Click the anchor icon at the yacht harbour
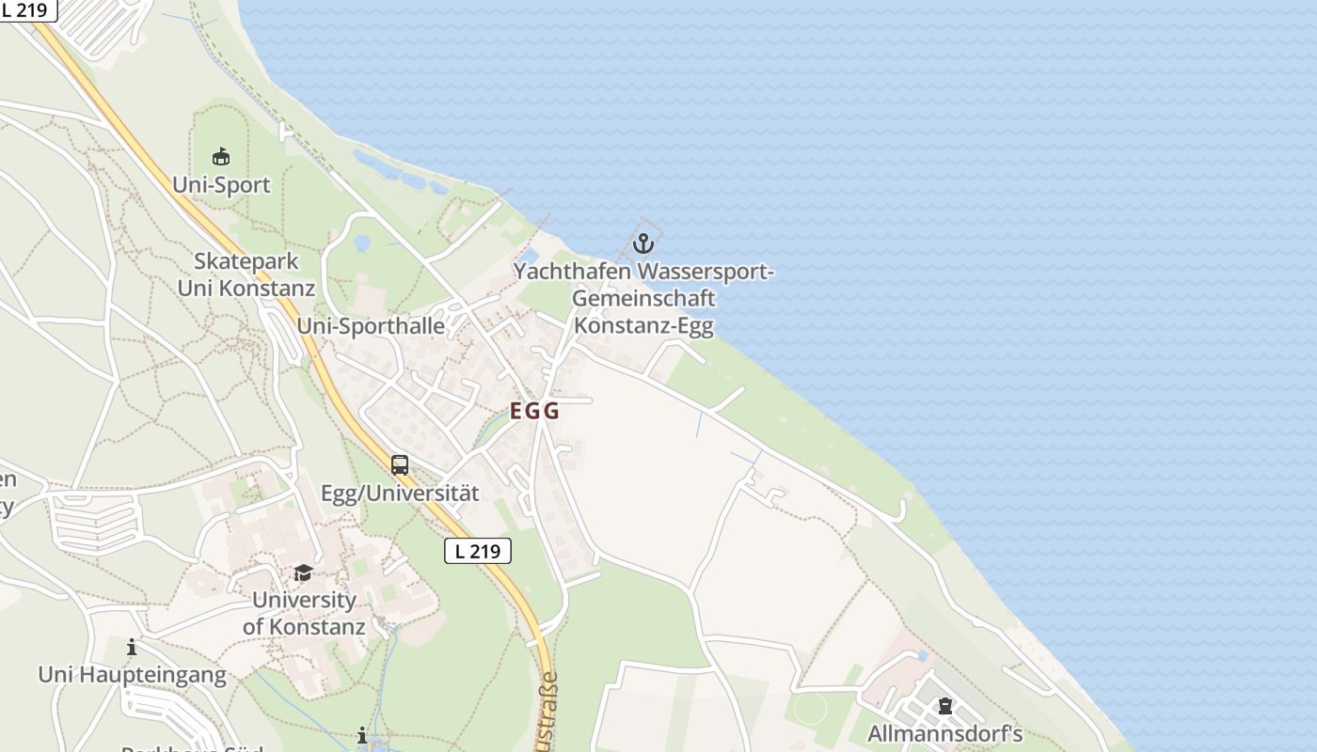coord(643,244)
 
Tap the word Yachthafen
coord(573,273)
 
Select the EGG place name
coord(534,411)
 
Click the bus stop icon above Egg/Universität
coord(400,464)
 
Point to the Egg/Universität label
coord(400,493)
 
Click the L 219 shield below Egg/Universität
coord(478,551)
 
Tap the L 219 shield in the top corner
coord(25,9)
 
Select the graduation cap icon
coord(303,572)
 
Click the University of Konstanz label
coord(304,613)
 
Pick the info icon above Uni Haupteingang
coord(132,647)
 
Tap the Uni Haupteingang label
coord(133,674)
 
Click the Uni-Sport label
coord(221,184)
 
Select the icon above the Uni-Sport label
coord(221,156)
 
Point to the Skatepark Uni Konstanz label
coord(246,274)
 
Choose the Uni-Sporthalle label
coord(372,326)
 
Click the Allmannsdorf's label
coord(944,733)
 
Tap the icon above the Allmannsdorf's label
coord(945,706)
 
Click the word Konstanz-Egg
coord(643,326)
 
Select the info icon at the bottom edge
coord(362,735)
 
